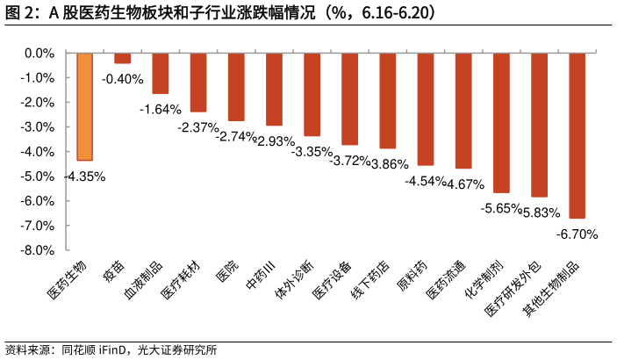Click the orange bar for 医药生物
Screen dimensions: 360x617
point(85,106)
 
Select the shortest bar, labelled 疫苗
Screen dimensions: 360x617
point(123,58)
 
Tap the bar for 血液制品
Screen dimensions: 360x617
point(161,73)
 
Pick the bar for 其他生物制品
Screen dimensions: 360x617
point(577,135)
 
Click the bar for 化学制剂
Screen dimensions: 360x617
point(501,122)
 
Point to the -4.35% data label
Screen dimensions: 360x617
point(84,176)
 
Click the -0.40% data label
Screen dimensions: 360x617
point(123,79)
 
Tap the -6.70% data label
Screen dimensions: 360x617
point(577,234)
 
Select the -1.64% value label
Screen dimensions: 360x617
point(161,110)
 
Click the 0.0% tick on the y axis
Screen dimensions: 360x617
point(39,54)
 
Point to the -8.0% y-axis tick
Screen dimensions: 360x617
point(38,250)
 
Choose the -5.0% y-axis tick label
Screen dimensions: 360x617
point(38,176)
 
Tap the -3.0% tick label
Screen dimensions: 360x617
point(38,127)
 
